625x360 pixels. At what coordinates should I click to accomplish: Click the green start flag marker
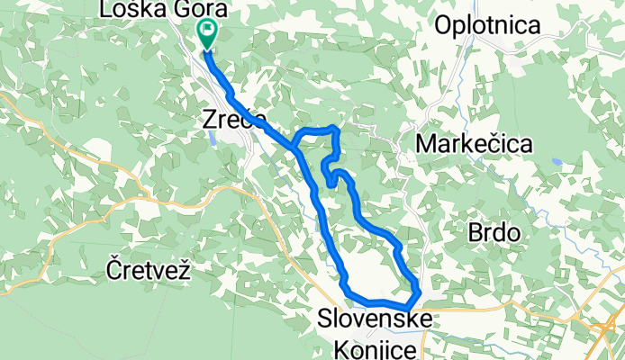tap(207, 33)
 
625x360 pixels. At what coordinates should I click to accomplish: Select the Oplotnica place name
tap(487, 25)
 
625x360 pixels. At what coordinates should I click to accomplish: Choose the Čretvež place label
tap(149, 268)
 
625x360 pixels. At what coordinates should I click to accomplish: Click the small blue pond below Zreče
tap(210, 138)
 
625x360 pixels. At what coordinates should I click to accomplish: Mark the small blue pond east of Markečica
tap(556, 164)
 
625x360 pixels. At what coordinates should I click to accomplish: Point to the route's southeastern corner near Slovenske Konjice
tap(416, 293)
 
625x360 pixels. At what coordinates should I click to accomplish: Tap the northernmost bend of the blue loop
tap(335, 129)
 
